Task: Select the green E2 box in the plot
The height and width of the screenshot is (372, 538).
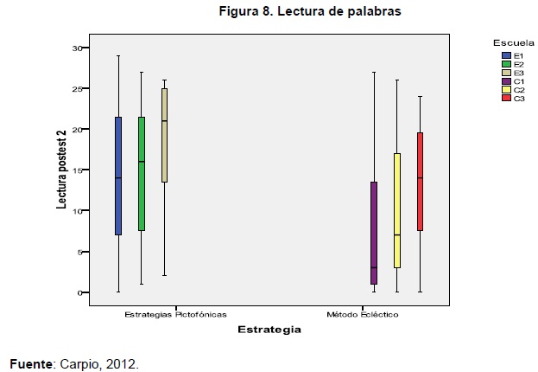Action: pos(142,174)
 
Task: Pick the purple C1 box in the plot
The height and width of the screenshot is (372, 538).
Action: pos(374,233)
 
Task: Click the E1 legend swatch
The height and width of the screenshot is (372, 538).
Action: pos(507,55)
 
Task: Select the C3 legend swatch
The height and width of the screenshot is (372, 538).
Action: pos(507,99)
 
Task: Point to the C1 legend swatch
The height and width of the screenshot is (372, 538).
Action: pos(507,81)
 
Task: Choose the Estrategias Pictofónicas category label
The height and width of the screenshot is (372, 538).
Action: pos(175,315)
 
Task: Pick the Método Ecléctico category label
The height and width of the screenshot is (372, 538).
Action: pos(362,315)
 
